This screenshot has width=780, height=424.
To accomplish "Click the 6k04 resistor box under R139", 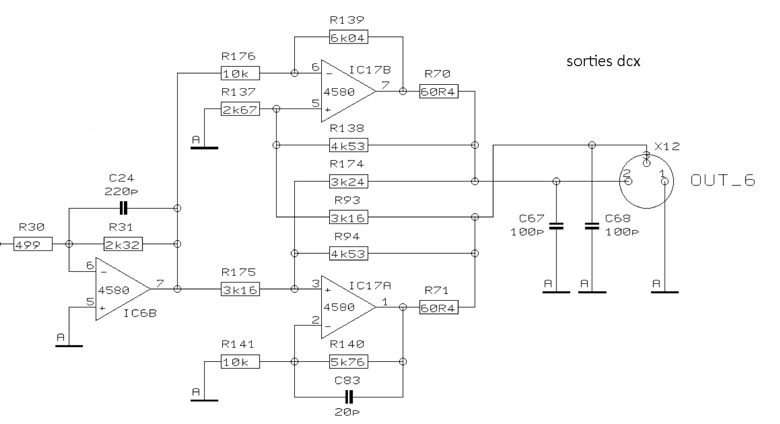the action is (348, 37).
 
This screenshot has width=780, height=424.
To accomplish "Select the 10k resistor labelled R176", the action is (240, 73).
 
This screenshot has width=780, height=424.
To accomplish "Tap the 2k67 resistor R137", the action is (240, 109).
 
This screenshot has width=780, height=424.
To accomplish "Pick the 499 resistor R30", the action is (33, 244).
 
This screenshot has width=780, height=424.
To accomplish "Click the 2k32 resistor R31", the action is (123, 244).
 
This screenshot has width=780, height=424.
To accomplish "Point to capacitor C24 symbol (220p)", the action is (123, 208).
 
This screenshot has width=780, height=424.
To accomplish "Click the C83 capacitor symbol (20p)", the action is (348, 397).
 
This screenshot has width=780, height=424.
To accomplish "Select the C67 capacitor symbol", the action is (556, 226).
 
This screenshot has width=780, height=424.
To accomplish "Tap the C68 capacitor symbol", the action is (592, 226).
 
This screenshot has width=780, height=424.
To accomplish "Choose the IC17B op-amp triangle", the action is (348, 91).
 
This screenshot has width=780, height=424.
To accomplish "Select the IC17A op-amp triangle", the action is (348, 307).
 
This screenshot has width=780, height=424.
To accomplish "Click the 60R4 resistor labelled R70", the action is (439, 91).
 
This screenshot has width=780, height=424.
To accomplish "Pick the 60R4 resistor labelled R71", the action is (439, 308).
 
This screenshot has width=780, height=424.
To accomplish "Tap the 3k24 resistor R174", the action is (348, 181).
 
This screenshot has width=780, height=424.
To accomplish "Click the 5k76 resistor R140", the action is (348, 362).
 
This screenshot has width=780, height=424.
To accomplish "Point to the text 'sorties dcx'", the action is (604, 61).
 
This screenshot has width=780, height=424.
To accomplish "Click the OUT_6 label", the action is (723, 180).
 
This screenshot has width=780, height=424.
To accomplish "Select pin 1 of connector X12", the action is (665, 181).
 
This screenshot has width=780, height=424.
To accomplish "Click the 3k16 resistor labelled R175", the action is (240, 289).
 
